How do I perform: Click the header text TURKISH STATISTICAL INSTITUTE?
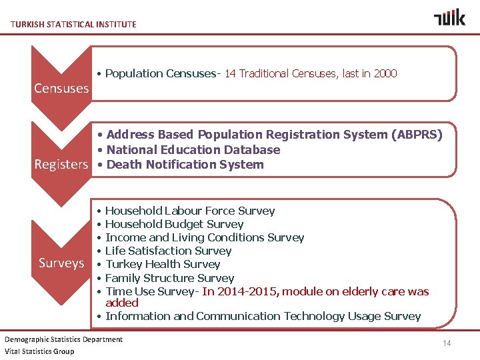click(73, 24)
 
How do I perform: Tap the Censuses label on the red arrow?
click(61, 88)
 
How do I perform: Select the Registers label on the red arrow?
click(61, 165)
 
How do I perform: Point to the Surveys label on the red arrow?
click(61, 263)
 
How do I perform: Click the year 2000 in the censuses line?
click(385, 73)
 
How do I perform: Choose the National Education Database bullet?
click(193, 150)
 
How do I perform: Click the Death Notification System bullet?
click(185, 165)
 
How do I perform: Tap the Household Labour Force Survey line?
click(190, 211)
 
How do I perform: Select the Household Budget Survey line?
click(174, 224)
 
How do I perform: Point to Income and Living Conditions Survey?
click(205, 237)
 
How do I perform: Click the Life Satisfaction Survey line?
click(168, 251)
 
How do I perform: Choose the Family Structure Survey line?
click(169, 278)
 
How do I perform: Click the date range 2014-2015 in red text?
click(249, 291)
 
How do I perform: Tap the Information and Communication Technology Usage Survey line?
click(263, 316)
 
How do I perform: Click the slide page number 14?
click(447, 343)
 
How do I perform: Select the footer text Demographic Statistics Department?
click(63, 339)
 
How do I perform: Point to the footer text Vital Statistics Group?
click(39, 351)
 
